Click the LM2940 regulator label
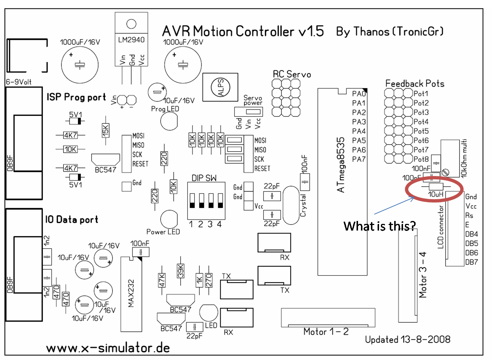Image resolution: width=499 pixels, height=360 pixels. (131, 40)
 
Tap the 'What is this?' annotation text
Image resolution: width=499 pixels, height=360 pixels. (379, 226)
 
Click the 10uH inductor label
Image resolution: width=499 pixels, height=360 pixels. (436, 194)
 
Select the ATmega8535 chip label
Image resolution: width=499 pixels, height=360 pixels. (341, 165)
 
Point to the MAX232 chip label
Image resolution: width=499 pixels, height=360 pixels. (131, 293)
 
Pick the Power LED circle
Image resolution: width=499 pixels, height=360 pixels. (169, 219)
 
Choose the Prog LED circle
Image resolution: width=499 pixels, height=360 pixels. (169, 121)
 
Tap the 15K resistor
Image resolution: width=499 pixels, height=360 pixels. (106, 130)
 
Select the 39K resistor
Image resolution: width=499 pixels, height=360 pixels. (180, 271)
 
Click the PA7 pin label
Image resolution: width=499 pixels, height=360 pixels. (359, 159)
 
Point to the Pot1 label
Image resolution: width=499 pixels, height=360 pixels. (421, 94)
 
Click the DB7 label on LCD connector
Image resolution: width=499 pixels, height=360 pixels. (471, 262)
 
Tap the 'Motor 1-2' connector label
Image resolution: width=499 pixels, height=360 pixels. (326, 332)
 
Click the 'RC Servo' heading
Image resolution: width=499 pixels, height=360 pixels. (292, 75)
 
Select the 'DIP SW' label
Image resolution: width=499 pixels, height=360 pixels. (204, 178)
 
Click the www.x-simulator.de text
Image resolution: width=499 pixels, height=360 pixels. (108, 348)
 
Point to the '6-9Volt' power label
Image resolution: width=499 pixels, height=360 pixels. (19, 82)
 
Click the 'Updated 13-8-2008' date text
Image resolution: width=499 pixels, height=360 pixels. (407, 339)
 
